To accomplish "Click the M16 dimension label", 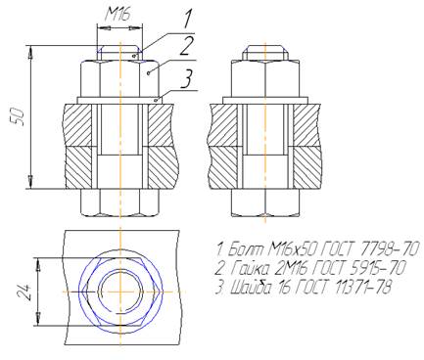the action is (118, 15).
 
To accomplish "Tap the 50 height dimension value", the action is (18, 117).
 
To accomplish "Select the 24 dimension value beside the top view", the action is (24, 292).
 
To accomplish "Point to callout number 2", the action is (185, 46).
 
